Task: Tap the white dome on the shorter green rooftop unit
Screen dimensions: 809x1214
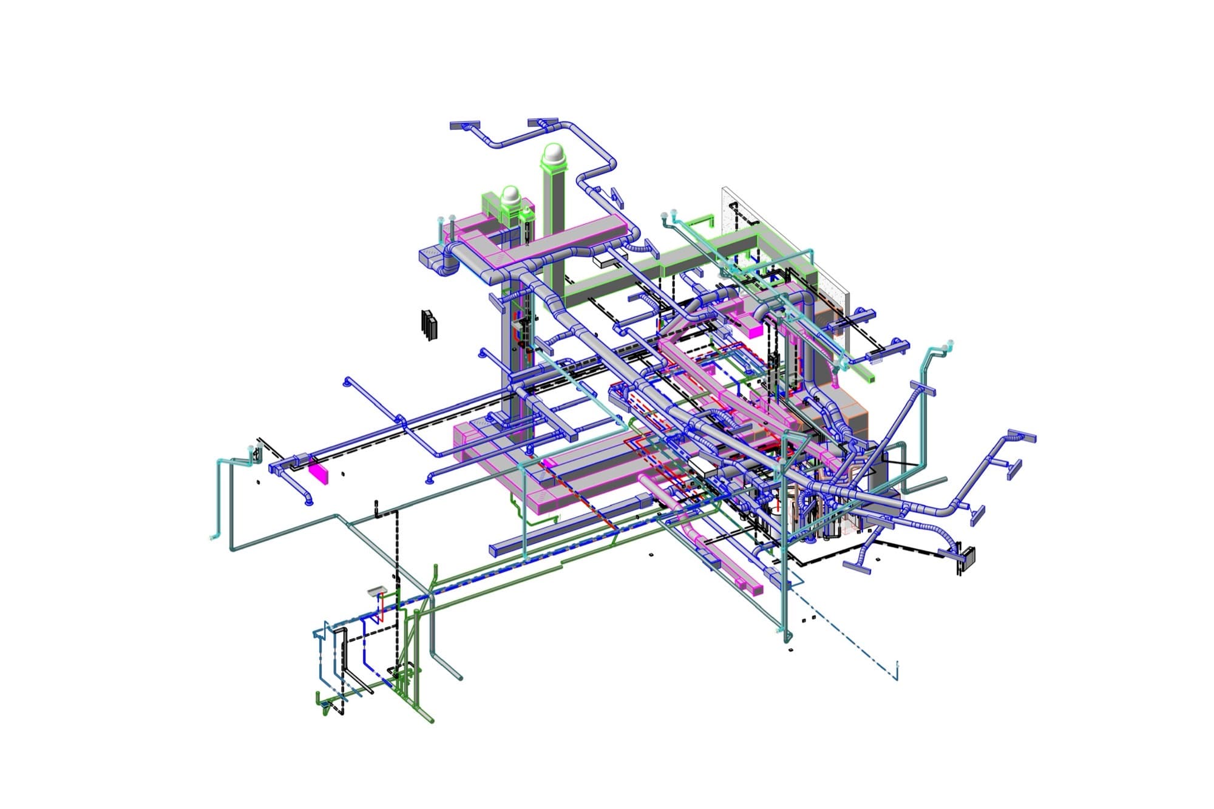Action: click(x=512, y=195)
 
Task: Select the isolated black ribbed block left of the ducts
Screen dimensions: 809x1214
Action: click(x=429, y=325)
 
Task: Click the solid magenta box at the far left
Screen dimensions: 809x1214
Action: click(x=318, y=472)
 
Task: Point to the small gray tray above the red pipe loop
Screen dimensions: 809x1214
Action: click(x=377, y=590)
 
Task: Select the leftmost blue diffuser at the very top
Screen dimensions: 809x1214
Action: click(x=465, y=126)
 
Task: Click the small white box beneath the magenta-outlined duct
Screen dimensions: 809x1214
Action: click(x=604, y=260)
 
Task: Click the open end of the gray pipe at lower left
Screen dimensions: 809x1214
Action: click(x=459, y=677)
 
